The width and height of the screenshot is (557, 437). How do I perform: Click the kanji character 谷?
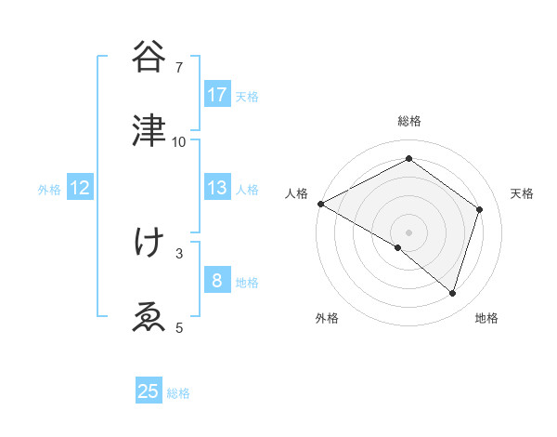pos(149,58)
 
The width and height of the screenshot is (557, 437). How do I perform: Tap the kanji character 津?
pos(149,131)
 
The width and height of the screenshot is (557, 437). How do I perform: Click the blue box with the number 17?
pos(217,95)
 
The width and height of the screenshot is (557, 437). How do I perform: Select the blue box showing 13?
pos(217,188)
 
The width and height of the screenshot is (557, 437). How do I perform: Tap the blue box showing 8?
pos(217,280)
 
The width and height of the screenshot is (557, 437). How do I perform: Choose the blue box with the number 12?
pos(80,188)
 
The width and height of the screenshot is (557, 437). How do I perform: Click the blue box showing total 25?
pos(149,391)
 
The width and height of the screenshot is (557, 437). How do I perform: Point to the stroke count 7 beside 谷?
pos(179,68)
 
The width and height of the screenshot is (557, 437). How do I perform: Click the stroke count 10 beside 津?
pos(179,142)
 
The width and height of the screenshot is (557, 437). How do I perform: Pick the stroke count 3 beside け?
pos(179,253)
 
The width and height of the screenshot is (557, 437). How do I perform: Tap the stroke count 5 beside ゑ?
pos(179,327)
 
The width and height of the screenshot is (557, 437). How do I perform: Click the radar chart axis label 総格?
pos(408,121)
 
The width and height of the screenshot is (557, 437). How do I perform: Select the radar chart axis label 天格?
pos(522,193)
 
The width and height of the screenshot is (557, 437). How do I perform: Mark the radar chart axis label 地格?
pos(486,318)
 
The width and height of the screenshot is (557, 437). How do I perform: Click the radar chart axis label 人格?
pos(296,193)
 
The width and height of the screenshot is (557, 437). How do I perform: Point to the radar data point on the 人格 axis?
pos(320,204)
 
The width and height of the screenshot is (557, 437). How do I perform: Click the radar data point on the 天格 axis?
pos(480,209)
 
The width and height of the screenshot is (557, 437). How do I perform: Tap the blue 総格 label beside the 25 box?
pos(178,393)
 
